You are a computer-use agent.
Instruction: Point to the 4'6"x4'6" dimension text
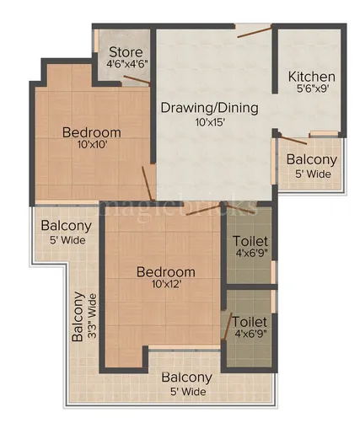coord(123,63)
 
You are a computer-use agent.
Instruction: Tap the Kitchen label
coord(311,77)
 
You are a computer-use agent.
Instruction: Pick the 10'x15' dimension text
coord(209,122)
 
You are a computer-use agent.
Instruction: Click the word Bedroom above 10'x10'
coord(91,132)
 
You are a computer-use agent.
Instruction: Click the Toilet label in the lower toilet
coord(250,322)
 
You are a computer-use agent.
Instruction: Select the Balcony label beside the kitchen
coord(311,160)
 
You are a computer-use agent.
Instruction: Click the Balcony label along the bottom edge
coord(186,377)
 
